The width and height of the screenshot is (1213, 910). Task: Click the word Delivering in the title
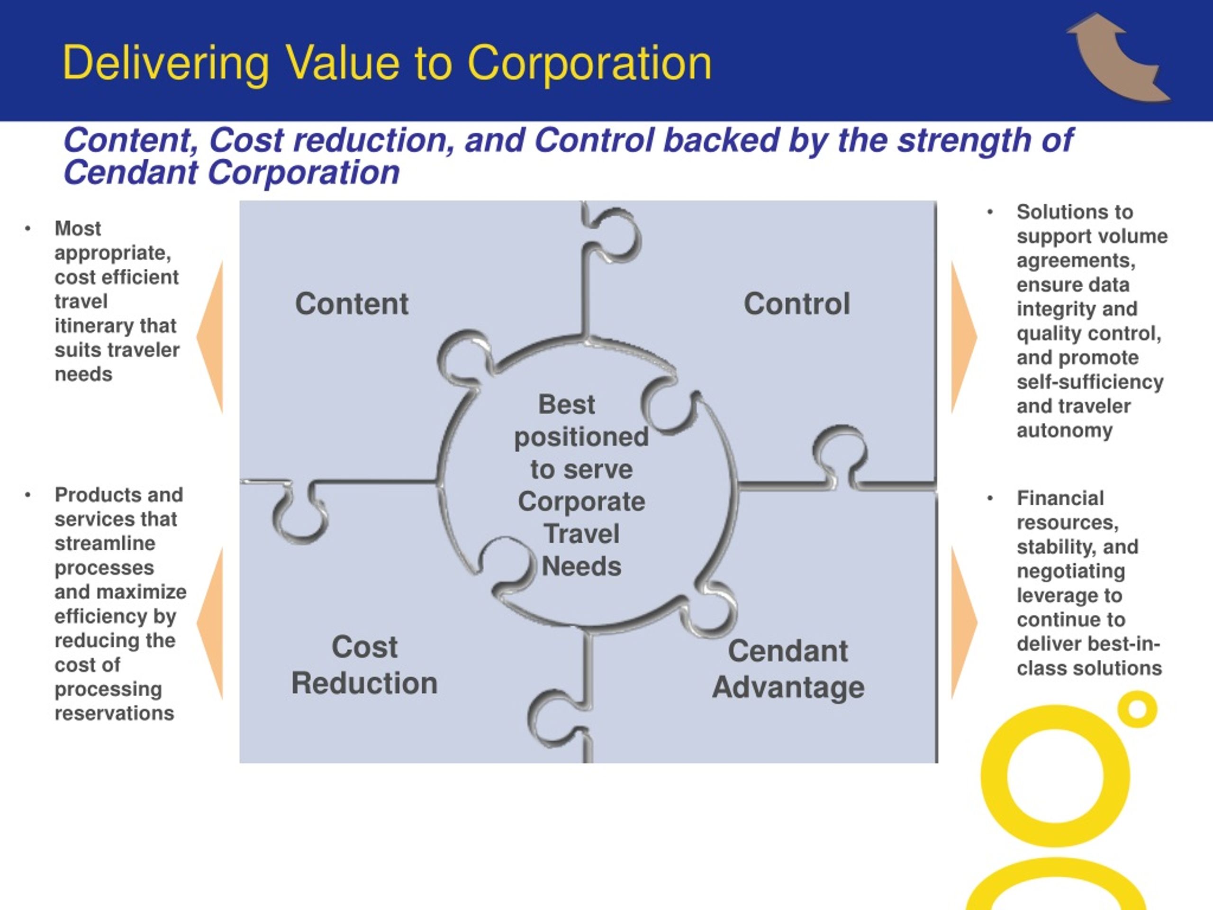point(166,64)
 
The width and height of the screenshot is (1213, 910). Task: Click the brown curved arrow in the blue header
point(1119,57)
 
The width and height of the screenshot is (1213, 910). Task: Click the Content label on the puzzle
point(352,303)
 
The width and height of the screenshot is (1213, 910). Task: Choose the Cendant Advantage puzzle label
point(788,669)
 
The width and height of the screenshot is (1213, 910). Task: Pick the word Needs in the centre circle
point(581,566)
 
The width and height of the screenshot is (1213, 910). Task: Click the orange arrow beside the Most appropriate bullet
point(210,337)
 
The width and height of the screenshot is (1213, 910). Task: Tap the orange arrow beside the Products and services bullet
point(210,623)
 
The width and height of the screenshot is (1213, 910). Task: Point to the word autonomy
point(1064,430)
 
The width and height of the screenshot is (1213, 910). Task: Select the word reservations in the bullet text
point(114,713)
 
